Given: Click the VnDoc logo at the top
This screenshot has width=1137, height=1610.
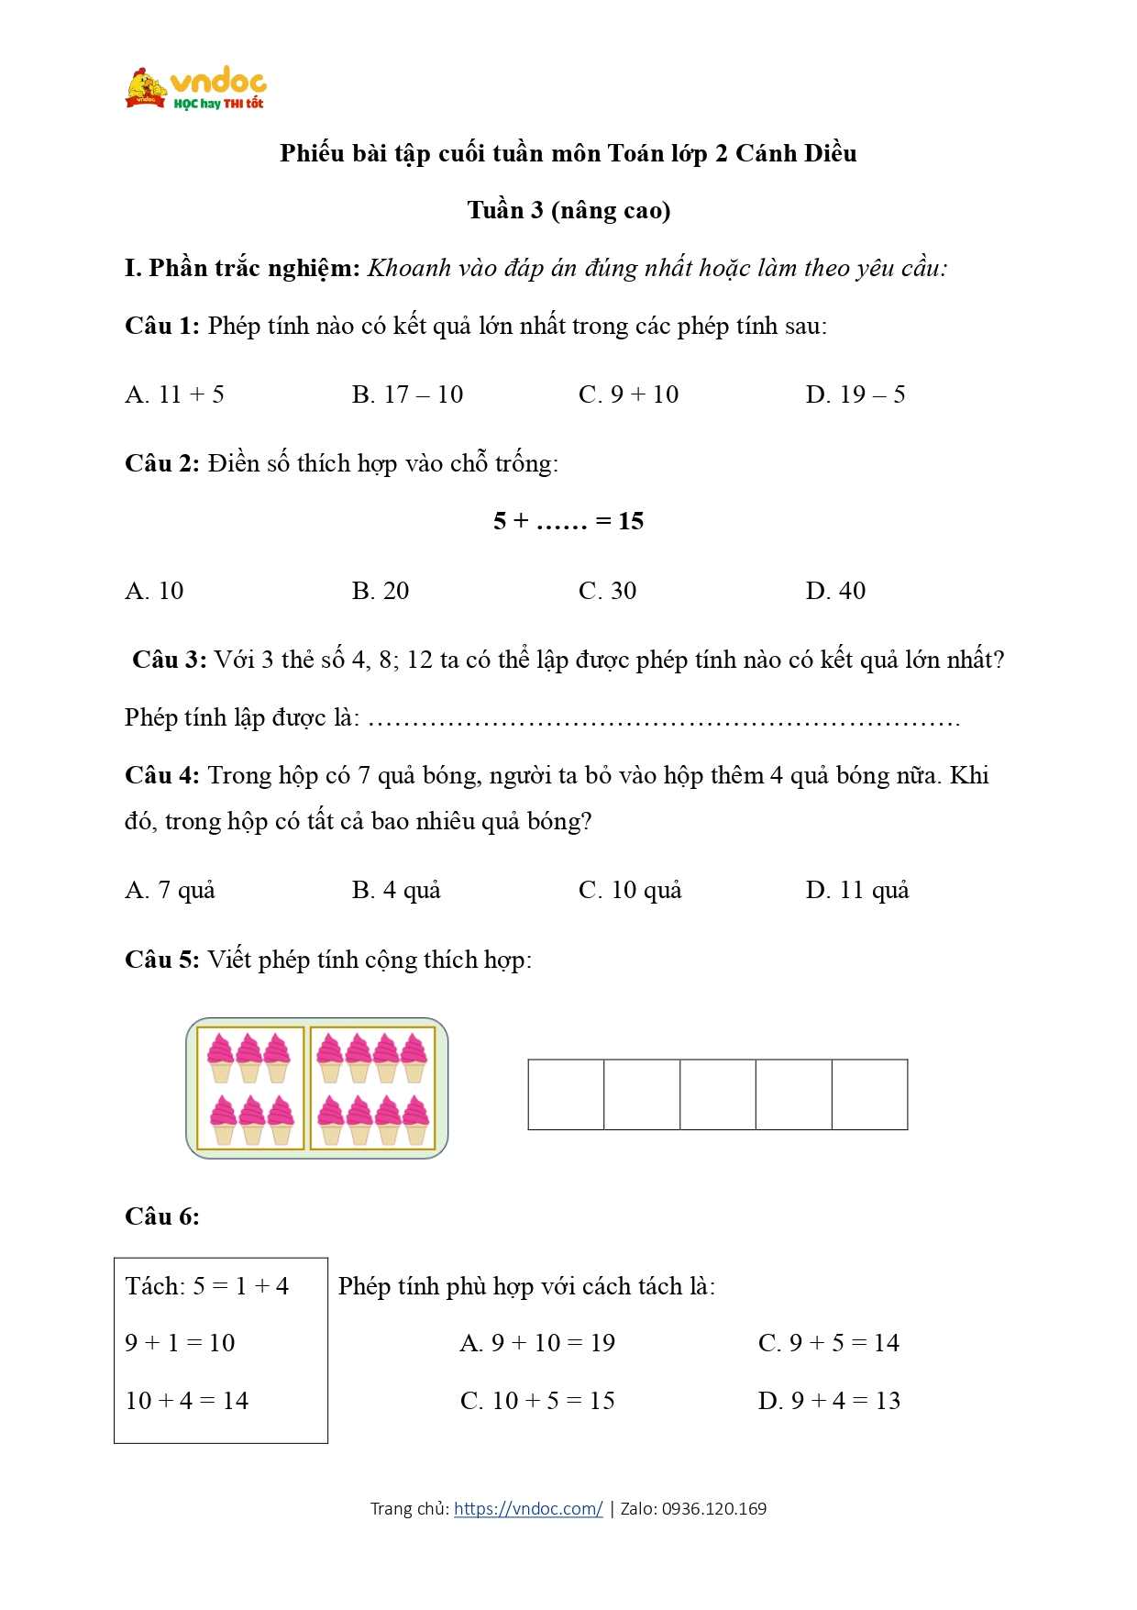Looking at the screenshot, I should point(196,89).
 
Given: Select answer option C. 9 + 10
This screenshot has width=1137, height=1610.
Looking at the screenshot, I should point(628,394).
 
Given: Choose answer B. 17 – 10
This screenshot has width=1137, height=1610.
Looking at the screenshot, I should point(407,394).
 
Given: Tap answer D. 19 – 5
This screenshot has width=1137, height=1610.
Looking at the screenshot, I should point(855,394).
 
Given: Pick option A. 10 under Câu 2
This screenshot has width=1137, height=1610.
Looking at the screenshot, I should point(154,591).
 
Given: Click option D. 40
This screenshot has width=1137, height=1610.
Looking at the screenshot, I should point(835,591).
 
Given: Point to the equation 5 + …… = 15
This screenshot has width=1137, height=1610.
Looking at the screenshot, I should point(568,521).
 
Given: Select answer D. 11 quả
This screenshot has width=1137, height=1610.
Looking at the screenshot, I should point(856,890).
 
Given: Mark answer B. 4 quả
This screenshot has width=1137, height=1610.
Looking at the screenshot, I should point(396,890).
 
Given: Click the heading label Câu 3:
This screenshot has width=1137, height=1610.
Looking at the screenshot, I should point(169,660).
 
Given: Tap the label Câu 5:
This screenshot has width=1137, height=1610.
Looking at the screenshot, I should point(161,960).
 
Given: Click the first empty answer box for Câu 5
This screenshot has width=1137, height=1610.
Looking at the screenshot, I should point(566,1094).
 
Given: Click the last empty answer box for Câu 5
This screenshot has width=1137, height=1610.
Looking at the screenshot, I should point(869,1094).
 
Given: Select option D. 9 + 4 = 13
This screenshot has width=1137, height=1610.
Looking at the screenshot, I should point(829,1401).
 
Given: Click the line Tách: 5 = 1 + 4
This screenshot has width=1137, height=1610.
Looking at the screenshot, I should point(207,1286).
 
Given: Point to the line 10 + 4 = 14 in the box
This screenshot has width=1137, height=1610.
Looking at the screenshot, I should point(187,1401).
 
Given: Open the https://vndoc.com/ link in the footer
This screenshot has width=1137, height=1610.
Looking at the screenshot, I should point(528,1508).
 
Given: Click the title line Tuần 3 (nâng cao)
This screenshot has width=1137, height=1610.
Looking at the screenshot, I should point(568,210).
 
